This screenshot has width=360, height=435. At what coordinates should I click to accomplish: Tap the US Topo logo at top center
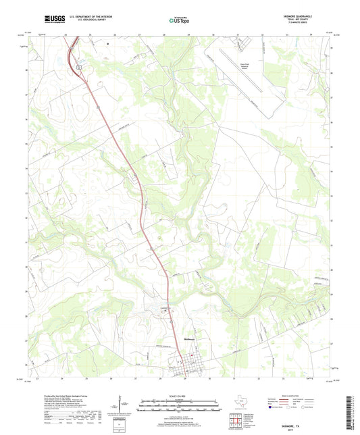point(174,21)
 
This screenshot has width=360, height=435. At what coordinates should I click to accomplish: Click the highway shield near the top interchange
point(78,68)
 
